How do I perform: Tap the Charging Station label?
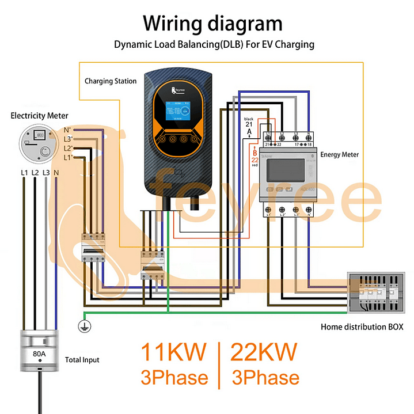point(111,81)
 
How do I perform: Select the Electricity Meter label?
point(39,116)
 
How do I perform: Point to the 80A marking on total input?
point(39,354)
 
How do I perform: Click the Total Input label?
point(82,360)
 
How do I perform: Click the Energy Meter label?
point(340,154)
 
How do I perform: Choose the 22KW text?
point(264,352)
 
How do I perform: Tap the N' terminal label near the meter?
point(67,130)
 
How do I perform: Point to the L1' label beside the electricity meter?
point(67,157)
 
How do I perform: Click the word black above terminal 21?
point(249,119)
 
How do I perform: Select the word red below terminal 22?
point(255,165)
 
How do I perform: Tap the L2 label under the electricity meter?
point(35,172)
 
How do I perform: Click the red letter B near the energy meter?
point(255,152)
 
